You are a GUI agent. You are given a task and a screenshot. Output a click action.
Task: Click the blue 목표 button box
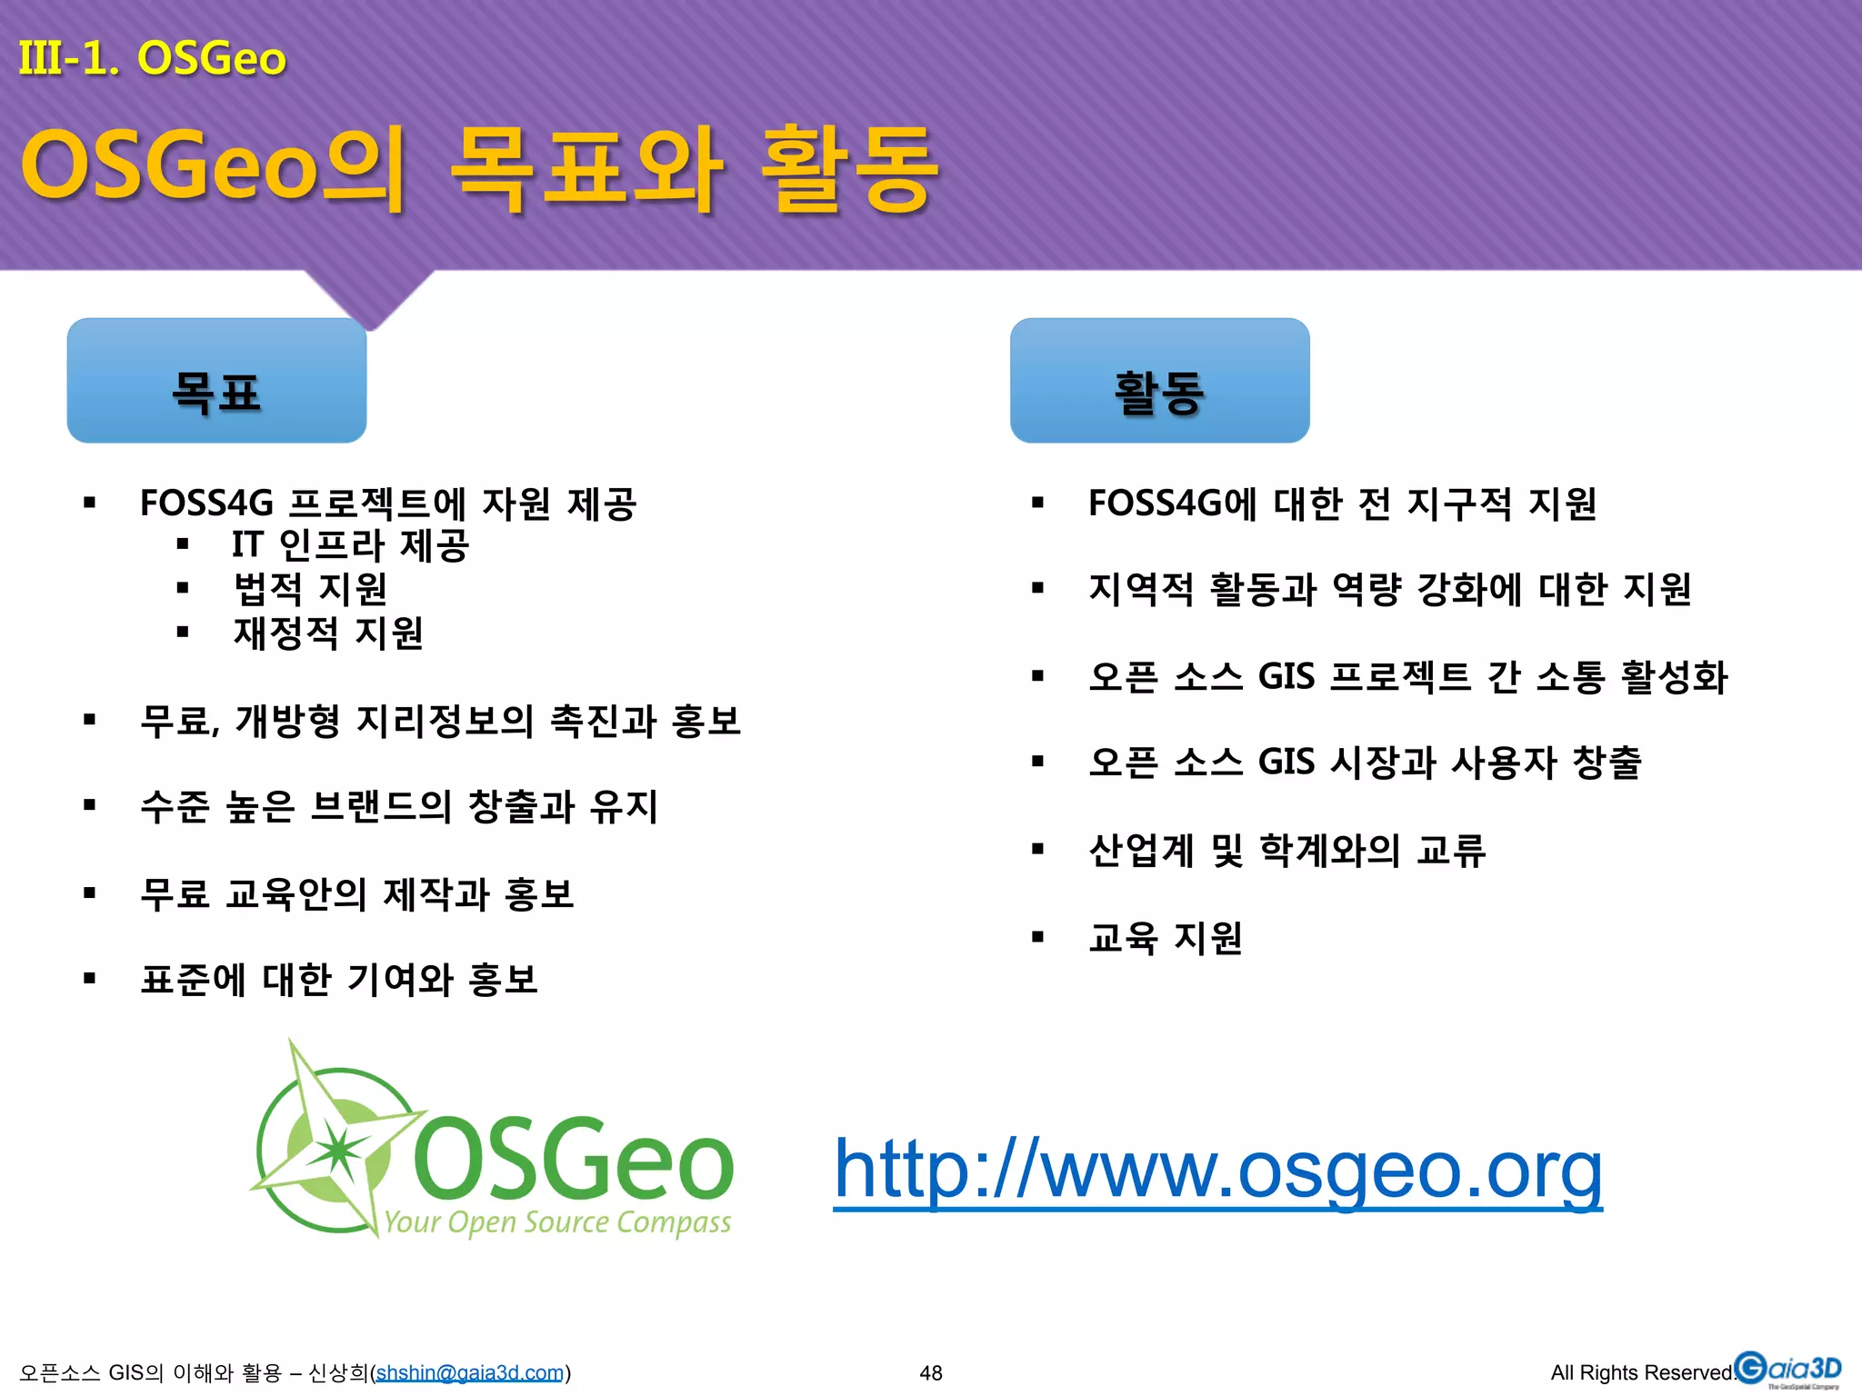[x=216, y=381]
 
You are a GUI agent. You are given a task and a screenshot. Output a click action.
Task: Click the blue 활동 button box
[x=1159, y=381]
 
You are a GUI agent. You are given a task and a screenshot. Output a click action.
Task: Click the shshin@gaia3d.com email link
[x=470, y=1372]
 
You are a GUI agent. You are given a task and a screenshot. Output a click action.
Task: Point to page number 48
[x=931, y=1372]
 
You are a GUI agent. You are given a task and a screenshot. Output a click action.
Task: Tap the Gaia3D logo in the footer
[x=1787, y=1370]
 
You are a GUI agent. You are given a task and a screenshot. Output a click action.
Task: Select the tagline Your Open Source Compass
[x=557, y=1223]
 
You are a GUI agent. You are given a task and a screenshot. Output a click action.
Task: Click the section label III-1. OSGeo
[x=152, y=58]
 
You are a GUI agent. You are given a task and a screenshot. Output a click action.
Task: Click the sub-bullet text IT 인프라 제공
[x=350, y=545]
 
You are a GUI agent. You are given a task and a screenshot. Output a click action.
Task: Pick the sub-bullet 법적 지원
[x=310, y=589]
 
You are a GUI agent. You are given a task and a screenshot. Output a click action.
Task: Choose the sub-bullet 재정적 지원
[x=328, y=633]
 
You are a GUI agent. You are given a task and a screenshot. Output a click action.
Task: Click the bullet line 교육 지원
[x=1165, y=937]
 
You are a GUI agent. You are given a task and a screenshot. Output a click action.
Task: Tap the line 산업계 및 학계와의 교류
[x=1286, y=851]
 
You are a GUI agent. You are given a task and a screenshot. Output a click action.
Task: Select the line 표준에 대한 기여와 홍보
[x=339, y=980]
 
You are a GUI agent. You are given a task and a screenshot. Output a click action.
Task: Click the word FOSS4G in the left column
[x=206, y=504]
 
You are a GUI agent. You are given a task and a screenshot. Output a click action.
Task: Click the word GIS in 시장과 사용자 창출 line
[x=1286, y=762]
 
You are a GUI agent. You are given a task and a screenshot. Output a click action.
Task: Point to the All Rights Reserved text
[x=1642, y=1372]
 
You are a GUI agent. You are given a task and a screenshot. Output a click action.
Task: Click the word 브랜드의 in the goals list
[x=381, y=806]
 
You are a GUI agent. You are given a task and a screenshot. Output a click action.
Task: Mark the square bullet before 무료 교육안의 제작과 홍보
[x=89, y=893]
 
